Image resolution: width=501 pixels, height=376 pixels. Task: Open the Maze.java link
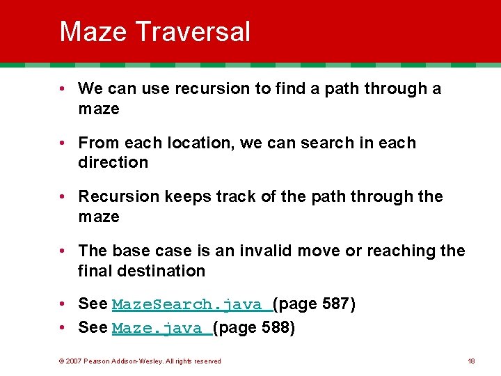(x=161, y=328)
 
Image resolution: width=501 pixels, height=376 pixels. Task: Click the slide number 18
(x=471, y=361)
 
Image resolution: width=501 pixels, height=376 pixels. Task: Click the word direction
(x=113, y=162)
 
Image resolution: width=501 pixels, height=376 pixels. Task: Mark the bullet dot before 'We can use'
(x=63, y=89)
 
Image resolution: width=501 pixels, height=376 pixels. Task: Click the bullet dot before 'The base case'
(x=63, y=251)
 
